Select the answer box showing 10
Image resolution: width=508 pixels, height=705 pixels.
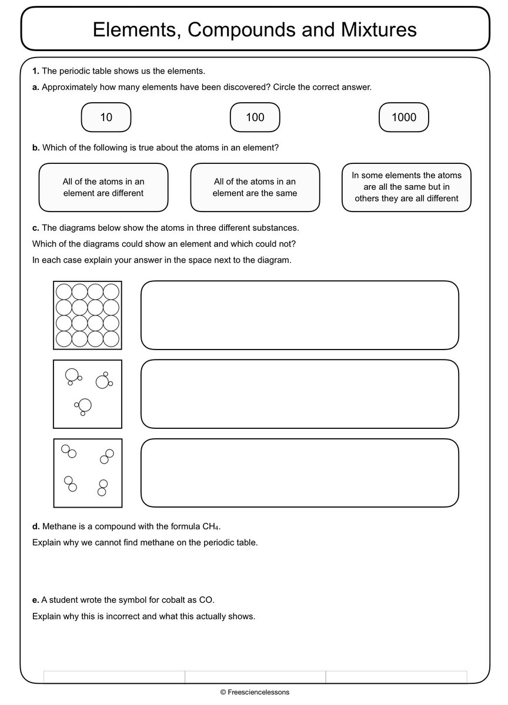(106, 117)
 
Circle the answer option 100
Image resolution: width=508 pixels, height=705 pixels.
(255, 117)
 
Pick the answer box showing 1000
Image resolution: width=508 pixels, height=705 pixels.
(404, 117)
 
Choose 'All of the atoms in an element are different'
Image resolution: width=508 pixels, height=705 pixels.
(103, 187)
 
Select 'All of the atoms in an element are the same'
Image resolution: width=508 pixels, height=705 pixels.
(255, 187)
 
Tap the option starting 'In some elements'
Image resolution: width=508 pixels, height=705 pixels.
(406, 187)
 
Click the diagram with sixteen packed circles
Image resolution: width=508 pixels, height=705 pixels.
(88, 315)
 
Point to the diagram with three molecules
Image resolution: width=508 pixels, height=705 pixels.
(88, 394)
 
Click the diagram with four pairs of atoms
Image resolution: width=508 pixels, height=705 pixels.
(88, 473)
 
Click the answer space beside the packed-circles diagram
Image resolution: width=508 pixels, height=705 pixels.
(299, 315)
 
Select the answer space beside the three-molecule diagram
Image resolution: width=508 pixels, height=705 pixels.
(299, 394)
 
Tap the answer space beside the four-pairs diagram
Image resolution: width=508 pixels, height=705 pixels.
(299, 473)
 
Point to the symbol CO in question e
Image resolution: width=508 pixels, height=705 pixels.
(207, 600)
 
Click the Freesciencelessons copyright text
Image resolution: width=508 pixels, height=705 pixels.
(255, 693)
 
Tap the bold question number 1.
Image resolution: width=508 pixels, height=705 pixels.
(35, 71)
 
